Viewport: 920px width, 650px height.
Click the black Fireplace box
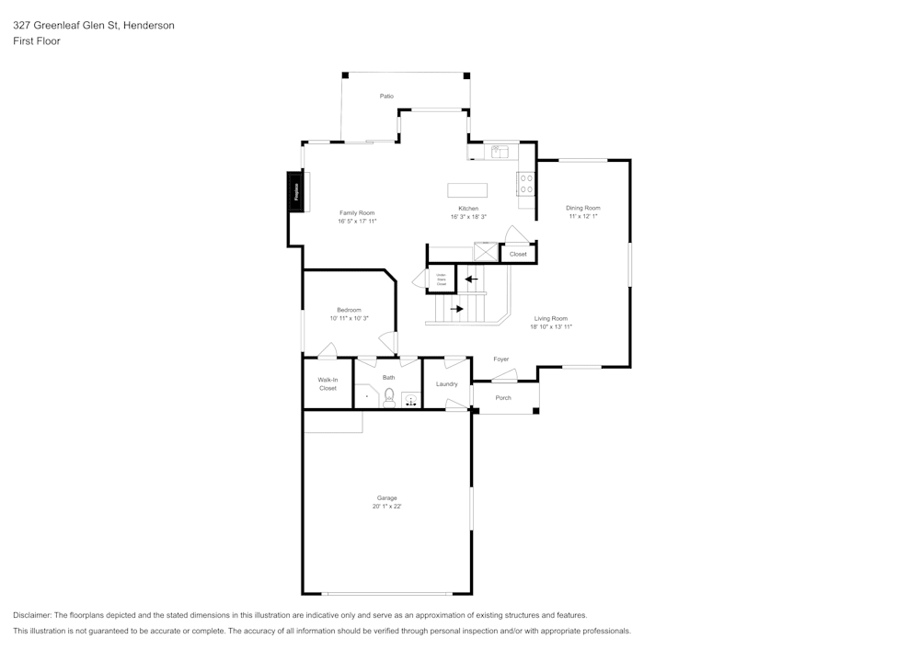tap(296, 192)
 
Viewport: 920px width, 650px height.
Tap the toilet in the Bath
tap(389, 397)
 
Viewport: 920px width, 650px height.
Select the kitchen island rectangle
tap(468, 190)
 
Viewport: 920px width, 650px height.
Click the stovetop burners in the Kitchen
tap(526, 184)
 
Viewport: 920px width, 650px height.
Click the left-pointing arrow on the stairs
tap(471, 279)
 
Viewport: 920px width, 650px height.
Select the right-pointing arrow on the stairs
tap(456, 309)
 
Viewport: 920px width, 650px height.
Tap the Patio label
tap(387, 96)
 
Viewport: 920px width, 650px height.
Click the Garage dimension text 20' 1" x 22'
tap(386, 507)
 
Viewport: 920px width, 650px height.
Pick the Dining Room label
tap(582, 208)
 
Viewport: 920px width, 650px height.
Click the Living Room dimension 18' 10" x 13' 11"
tap(551, 326)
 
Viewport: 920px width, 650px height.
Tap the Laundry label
tap(446, 383)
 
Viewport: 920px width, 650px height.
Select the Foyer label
tap(500, 359)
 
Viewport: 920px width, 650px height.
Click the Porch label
tap(503, 398)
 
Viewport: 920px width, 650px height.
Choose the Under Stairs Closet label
tap(441, 279)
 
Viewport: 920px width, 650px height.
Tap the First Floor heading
tap(37, 41)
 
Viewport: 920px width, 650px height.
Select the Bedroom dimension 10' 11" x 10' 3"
tap(349, 318)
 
